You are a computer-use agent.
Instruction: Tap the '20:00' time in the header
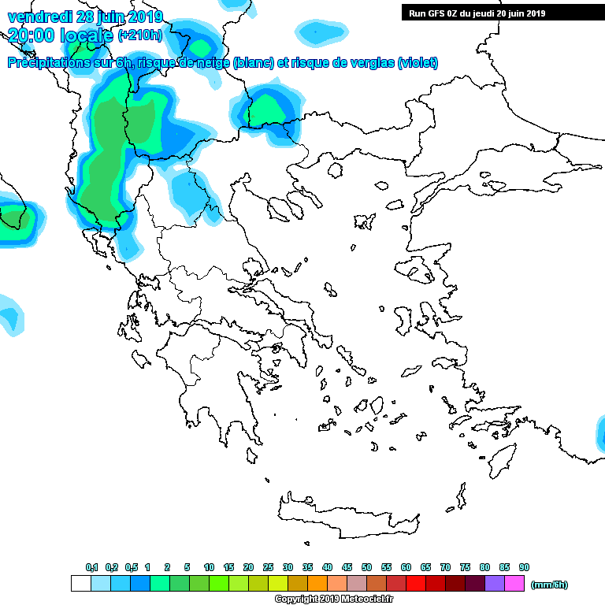31,35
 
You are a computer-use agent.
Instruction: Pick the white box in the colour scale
80,584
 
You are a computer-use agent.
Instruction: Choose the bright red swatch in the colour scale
415,584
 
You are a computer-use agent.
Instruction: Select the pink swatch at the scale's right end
514,584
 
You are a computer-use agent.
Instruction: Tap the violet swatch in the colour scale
494,584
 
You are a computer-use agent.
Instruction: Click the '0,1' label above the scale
91,568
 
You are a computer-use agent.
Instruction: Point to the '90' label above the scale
524,568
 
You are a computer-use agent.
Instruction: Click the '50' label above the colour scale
366,568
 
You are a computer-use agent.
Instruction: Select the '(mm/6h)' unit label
549,585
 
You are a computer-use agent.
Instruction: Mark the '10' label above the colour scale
209,568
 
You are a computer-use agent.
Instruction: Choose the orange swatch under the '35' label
317,584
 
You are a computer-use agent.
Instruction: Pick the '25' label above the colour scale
268,568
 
